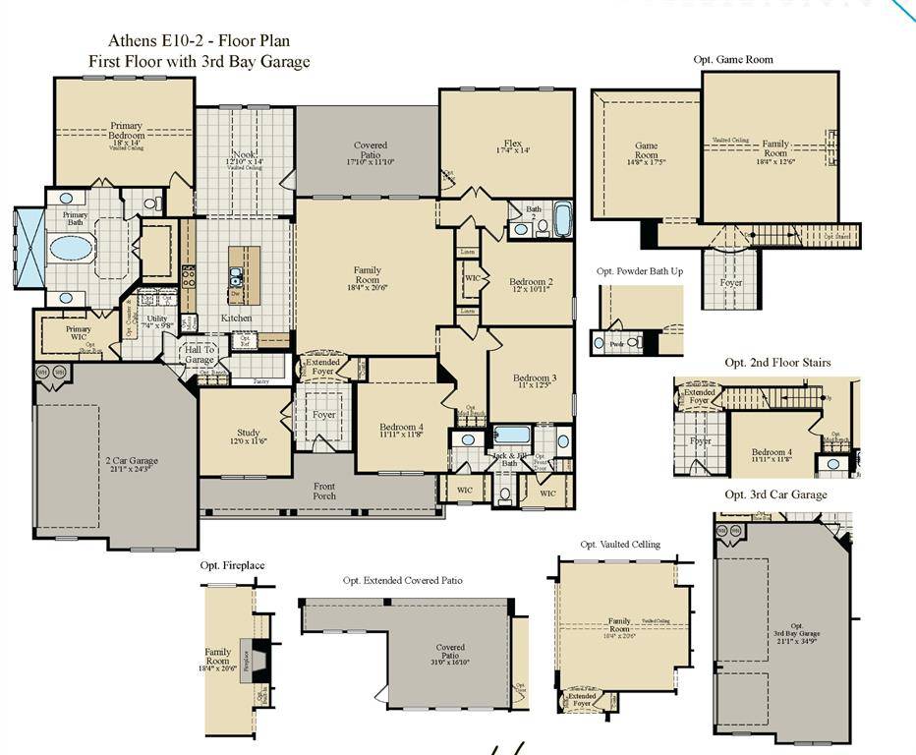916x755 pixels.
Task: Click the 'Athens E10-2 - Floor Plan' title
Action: [199, 42]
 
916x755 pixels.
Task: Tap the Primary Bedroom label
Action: [126, 136]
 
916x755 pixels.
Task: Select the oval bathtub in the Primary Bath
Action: [71, 247]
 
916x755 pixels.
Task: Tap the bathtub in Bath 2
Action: [562, 219]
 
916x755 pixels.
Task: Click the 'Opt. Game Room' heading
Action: [733, 60]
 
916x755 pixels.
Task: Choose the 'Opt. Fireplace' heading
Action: [232, 565]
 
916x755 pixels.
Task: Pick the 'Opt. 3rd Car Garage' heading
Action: [775, 494]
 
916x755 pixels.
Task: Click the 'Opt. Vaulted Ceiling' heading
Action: [620, 544]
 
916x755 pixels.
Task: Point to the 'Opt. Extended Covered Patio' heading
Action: [403, 580]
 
